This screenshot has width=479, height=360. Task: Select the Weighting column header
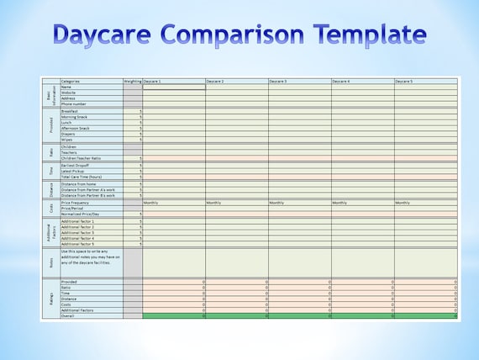pos(133,81)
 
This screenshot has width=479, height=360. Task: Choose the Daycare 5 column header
pos(404,81)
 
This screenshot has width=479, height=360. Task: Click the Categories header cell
pos(71,81)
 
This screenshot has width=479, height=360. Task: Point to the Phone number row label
pos(76,103)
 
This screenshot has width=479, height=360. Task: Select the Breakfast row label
pos(71,111)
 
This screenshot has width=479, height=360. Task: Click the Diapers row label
pos(69,134)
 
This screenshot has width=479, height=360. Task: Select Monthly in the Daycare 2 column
pos(215,203)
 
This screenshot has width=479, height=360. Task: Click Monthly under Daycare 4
pos(341,203)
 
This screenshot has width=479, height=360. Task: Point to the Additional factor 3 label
pos(78,233)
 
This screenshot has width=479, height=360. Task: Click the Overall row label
pos(68,316)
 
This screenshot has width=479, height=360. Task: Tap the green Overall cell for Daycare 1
pos(174,316)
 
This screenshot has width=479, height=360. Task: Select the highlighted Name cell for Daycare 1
pos(174,87)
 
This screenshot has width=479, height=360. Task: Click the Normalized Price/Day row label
pos(82,214)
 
